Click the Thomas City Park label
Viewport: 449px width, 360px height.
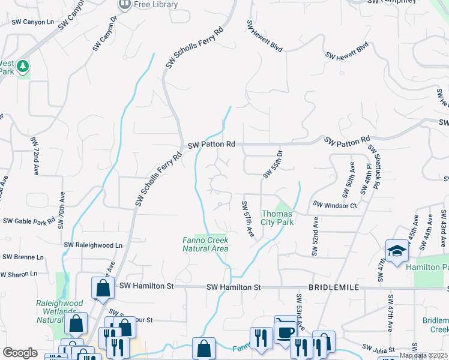point(277,218)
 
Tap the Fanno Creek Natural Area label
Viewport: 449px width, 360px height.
point(205,244)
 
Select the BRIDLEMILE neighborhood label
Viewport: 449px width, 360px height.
point(334,288)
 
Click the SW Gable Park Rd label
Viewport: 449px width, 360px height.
point(29,221)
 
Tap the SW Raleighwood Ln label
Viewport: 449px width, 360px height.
point(93,245)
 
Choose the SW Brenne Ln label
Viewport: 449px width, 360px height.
point(23,257)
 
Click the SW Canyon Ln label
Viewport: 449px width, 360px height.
point(32,22)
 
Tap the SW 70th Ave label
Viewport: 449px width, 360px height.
point(61,211)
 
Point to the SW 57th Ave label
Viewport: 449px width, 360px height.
point(247,218)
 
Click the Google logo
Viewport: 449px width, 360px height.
point(20,353)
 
